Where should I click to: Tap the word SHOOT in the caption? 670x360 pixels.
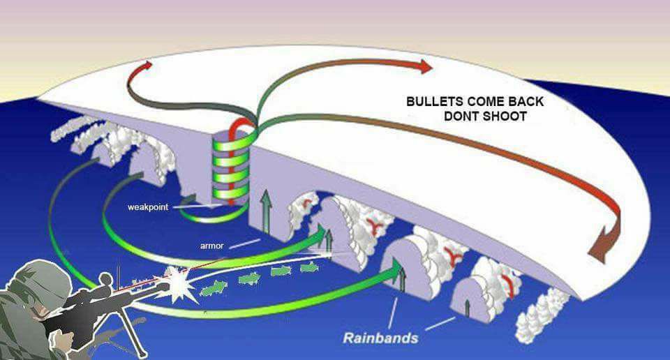click(503, 116)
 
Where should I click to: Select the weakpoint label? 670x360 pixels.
click(148, 207)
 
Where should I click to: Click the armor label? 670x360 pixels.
click(212, 246)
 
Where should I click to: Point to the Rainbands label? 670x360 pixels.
click(380, 338)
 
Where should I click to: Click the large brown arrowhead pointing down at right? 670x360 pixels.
click(603, 246)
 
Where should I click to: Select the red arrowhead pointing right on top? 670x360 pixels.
click(426, 66)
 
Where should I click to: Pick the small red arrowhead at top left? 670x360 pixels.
click(147, 66)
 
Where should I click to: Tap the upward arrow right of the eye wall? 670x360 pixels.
click(266, 212)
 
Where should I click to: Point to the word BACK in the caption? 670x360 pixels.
click(526, 102)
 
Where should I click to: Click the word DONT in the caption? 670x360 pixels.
click(460, 116)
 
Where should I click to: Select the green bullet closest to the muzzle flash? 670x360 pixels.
click(214, 288)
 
